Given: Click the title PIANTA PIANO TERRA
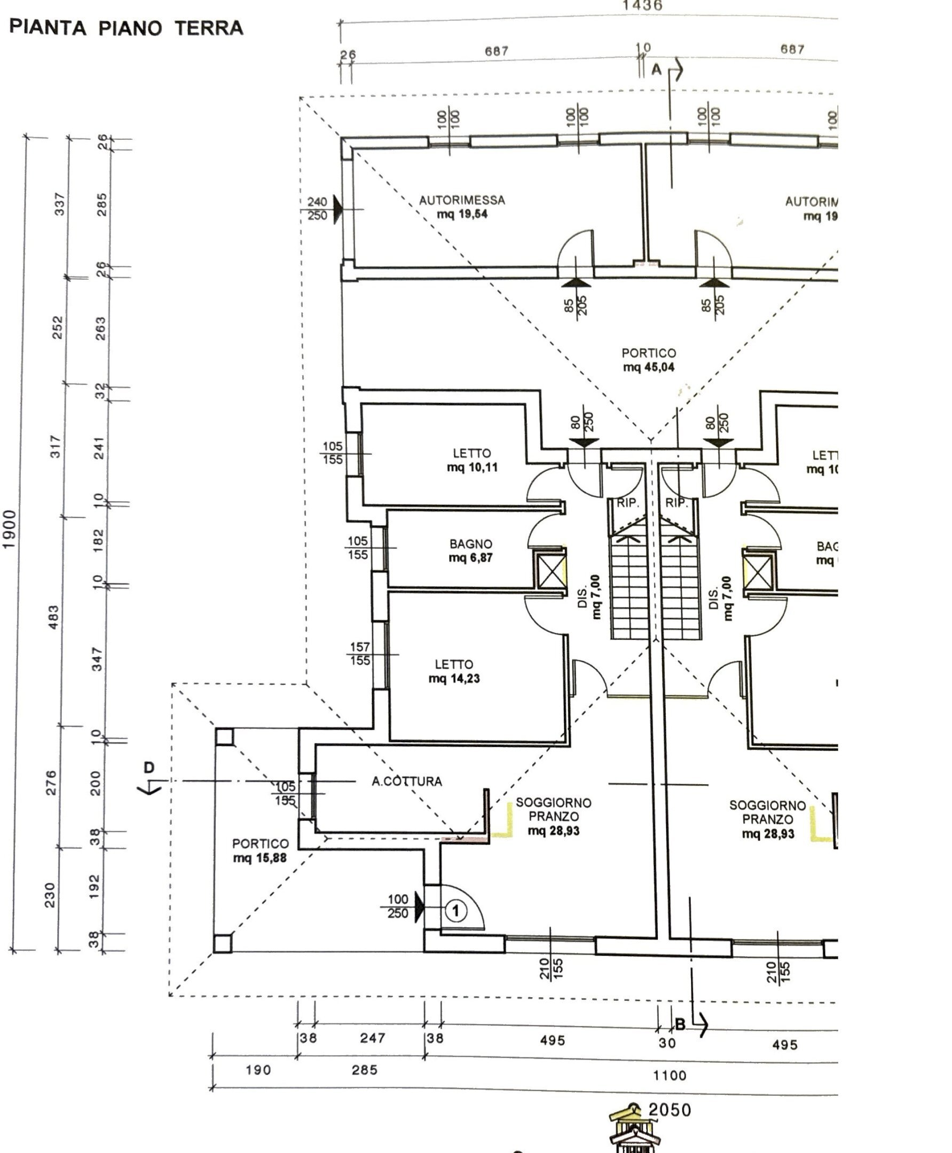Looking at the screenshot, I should point(127,28).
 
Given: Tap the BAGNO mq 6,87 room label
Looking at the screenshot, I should point(470,551).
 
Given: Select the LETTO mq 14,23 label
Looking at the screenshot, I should point(454,671).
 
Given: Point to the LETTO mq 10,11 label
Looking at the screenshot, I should point(471,460).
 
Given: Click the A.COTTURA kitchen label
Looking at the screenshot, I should point(406,781).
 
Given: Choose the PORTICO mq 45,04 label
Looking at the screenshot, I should point(648,360).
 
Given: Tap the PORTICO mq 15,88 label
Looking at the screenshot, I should point(260,850).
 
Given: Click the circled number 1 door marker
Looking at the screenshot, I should point(455,911).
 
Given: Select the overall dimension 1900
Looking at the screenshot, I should point(9,529).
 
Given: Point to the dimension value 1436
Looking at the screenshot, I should point(642,6).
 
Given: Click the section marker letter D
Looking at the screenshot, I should point(149,768).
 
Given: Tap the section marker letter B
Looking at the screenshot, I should point(680,1024).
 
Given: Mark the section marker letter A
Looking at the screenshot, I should point(656,69).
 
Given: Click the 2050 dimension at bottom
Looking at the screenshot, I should point(670,1110).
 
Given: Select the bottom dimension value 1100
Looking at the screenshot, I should point(670,1075).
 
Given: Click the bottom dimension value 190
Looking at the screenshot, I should point(258,1070).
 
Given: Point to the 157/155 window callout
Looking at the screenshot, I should point(360,653).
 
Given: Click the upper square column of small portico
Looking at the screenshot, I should point(224,737).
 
